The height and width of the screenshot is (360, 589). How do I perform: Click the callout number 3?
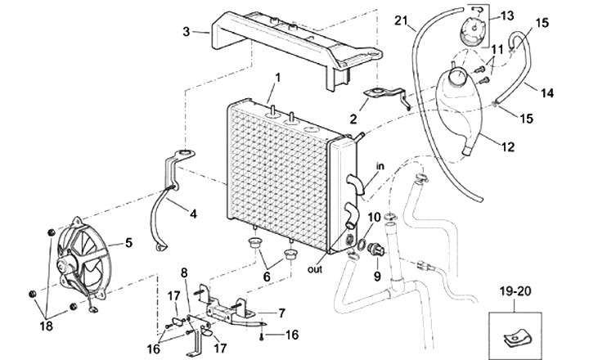coord(187,32)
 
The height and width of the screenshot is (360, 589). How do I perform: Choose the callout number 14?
coord(547,93)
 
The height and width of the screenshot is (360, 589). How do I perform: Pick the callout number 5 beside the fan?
coord(128,243)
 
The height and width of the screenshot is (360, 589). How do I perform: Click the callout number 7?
coord(281,313)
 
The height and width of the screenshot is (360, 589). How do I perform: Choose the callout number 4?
coord(193,215)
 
